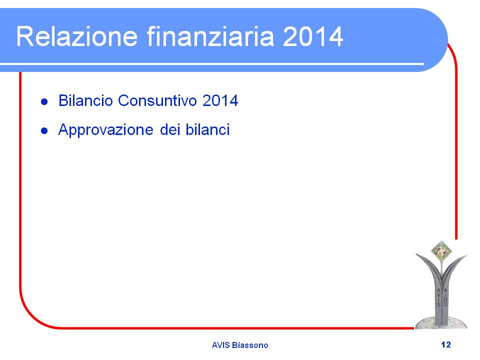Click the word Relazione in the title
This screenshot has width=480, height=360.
point(77,36)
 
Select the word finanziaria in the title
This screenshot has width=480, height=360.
point(210,36)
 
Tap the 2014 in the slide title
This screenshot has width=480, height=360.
point(312,36)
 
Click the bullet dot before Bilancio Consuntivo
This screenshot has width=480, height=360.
point(44,101)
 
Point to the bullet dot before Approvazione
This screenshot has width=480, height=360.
point(44,130)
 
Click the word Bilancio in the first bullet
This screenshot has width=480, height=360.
point(85,100)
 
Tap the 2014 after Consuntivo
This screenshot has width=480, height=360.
point(220,100)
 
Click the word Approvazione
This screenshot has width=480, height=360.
point(105,130)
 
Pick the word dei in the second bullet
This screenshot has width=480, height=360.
point(170,129)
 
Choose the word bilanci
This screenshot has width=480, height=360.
point(207,129)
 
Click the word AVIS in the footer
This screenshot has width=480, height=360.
point(220,345)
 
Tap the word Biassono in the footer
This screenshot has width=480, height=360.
point(250,345)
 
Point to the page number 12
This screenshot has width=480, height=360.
point(446,344)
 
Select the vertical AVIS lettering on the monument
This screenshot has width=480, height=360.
point(438,297)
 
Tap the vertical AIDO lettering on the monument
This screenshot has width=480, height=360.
point(445,297)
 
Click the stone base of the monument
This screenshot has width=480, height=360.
point(441,322)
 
